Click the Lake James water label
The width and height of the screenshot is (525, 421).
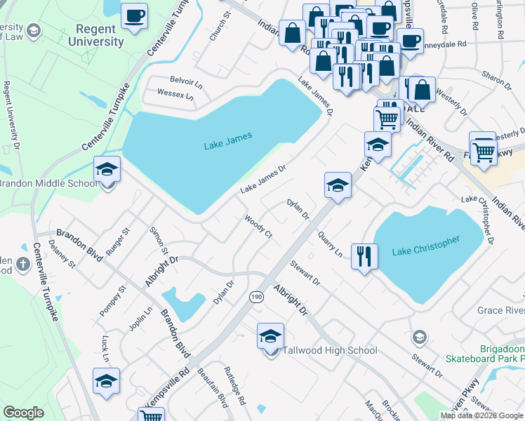[x=227, y=145]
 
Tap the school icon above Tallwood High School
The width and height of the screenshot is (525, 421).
[x=270, y=337]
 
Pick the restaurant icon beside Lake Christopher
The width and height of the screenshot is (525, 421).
[x=363, y=257]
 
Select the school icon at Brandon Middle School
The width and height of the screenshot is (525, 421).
[x=107, y=170]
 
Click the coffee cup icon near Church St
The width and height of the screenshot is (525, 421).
[x=134, y=15]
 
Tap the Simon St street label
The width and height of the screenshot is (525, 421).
[x=159, y=241]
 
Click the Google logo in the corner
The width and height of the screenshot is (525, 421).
[x=23, y=413]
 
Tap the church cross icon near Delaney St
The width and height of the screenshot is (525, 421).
[x=22, y=264]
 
